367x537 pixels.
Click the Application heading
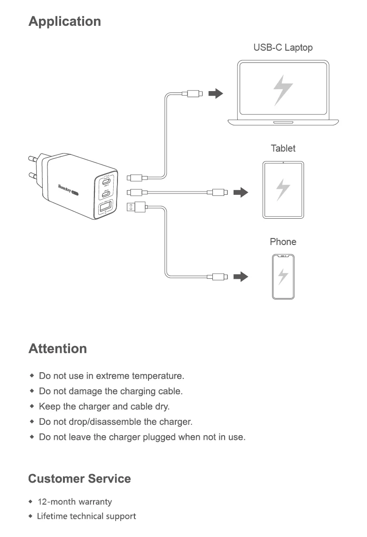pos(65,22)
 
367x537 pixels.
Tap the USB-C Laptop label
pos(283,47)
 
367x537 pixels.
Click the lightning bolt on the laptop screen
pos(283,90)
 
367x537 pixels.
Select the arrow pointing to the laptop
pos(216,93)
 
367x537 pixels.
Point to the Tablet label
pos(283,148)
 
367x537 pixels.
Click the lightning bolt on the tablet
pos(283,189)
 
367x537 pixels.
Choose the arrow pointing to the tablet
pos(241,192)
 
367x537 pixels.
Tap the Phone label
pos(283,242)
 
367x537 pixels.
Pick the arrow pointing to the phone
pos(241,276)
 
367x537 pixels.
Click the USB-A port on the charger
pos(105,207)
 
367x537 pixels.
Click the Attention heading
pos(58,349)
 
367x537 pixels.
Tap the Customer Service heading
pos(79,479)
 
